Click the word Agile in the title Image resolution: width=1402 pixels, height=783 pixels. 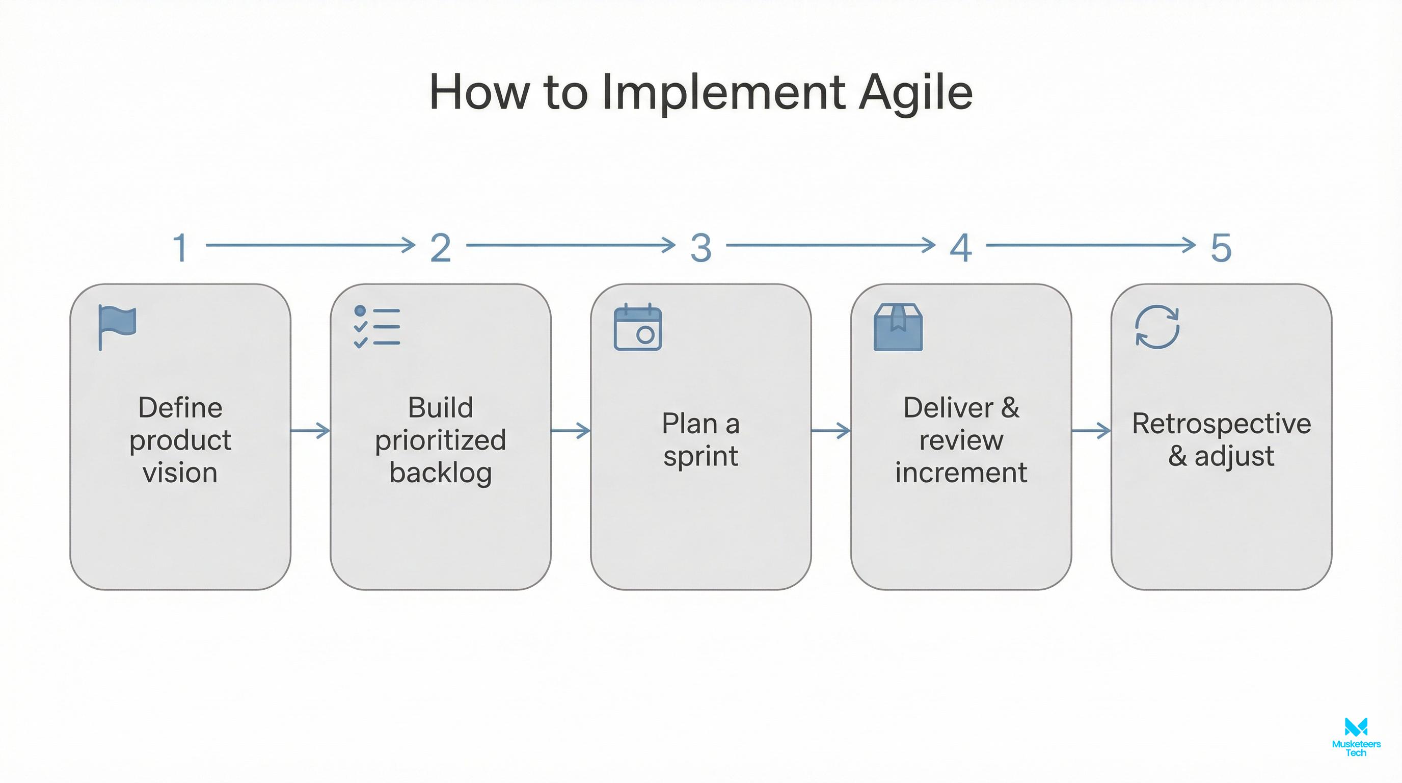coord(915,93)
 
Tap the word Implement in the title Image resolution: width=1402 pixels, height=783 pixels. coord(724,93)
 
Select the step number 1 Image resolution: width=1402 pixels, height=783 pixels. coord(181,248)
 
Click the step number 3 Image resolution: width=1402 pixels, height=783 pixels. coord(701,248)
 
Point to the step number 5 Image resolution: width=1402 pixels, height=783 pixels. coord(1221,248)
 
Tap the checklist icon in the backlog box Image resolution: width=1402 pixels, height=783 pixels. coord(376,327)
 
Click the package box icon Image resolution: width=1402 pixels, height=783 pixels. coord(898,327)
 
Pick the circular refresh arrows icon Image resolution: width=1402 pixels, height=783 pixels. coord(1157,327)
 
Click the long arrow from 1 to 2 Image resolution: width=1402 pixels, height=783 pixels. coord(310,245)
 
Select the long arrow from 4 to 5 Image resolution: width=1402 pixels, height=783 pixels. coord(1091,245)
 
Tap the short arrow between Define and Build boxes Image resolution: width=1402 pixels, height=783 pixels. coord(310,431)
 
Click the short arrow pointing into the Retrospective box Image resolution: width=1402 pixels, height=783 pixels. coord(1091,431)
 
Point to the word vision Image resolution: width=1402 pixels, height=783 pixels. coord(180,472)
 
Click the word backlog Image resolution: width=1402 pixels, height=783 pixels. coord(440,472)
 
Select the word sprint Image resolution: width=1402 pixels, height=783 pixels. coord(700,456)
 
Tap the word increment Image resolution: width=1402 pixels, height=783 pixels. coord(961,472)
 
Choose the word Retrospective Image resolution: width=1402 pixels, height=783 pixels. coord(1221,424)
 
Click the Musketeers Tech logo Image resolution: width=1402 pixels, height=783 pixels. coord(1356,736)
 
